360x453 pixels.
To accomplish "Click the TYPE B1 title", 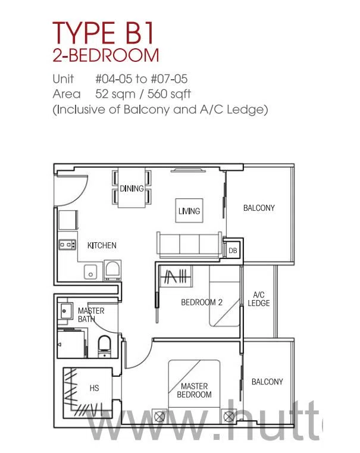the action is point(103,33).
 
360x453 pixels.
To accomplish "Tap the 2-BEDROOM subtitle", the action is point(106,55).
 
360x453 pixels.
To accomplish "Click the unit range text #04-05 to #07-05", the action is point(142,79).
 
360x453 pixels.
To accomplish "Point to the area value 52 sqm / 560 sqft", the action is point(143,94).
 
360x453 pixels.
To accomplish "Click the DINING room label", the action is point(132,188).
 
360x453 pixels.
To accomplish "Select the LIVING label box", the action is point(189,211).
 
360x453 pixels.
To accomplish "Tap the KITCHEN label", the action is point(102,245).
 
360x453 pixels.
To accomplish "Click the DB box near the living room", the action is point(233,251).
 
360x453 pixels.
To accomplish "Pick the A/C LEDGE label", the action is point(259,299).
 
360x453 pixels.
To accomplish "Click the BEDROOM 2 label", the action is point(202,302).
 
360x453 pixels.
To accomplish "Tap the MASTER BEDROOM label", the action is point(194,390).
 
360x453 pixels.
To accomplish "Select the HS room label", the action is point(94,388).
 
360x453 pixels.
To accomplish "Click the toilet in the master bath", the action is point(104,346).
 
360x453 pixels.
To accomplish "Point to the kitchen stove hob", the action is point(67,245).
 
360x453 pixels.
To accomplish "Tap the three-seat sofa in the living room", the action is point(189,244).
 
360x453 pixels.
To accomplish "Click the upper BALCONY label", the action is point(259,208).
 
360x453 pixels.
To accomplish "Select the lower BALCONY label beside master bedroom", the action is point(267,382).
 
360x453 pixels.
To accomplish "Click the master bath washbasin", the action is point(65,311).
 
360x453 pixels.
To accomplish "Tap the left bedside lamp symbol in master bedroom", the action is point(159,417).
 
